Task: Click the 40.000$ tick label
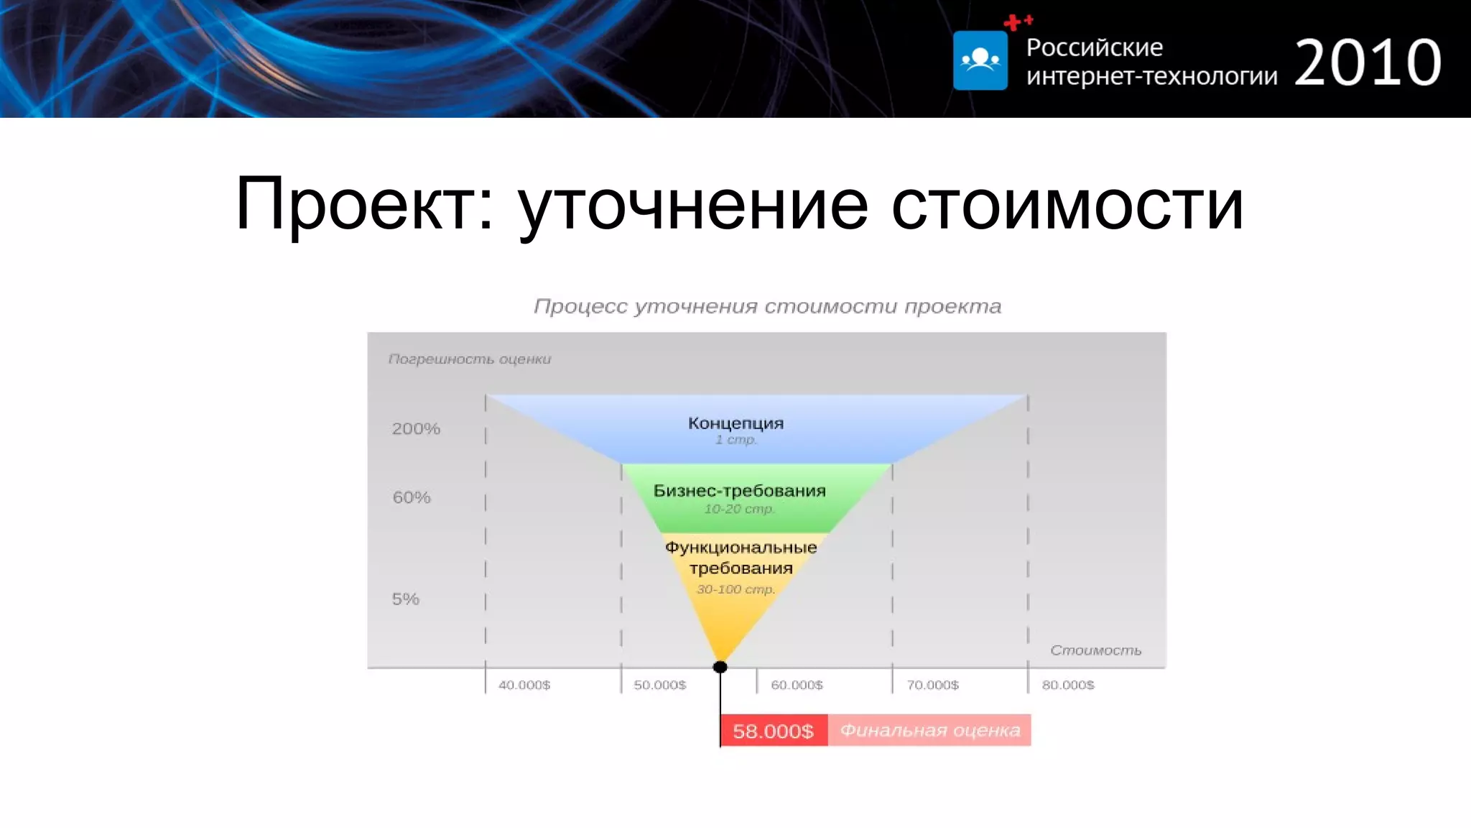[x=524, y=685]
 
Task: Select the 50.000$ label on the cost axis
[x=659, y=685]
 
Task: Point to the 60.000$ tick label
[x=797, y=685]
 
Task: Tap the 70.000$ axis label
[x=932, y=685]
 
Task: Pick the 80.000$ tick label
[x=1068, y=685]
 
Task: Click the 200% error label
[x=416, y=429]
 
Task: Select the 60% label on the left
[x=412, y=497]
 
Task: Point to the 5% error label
[x=405, y=599]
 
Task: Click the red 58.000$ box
[x=774, y=731]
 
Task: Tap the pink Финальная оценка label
[x=929, y=730]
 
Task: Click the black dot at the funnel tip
[x=720, y=667]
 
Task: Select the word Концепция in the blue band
[x=735, y=423]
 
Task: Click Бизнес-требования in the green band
[x=739, y=491]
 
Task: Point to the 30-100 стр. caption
[x=735, y=589]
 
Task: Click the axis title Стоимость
[x=1095, y=650]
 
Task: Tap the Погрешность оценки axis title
[x=470, y=359]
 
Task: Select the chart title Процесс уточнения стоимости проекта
[x=767, y=306]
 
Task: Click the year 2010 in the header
[x=1368, y=63]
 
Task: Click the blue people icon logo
[x=980, y=60]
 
